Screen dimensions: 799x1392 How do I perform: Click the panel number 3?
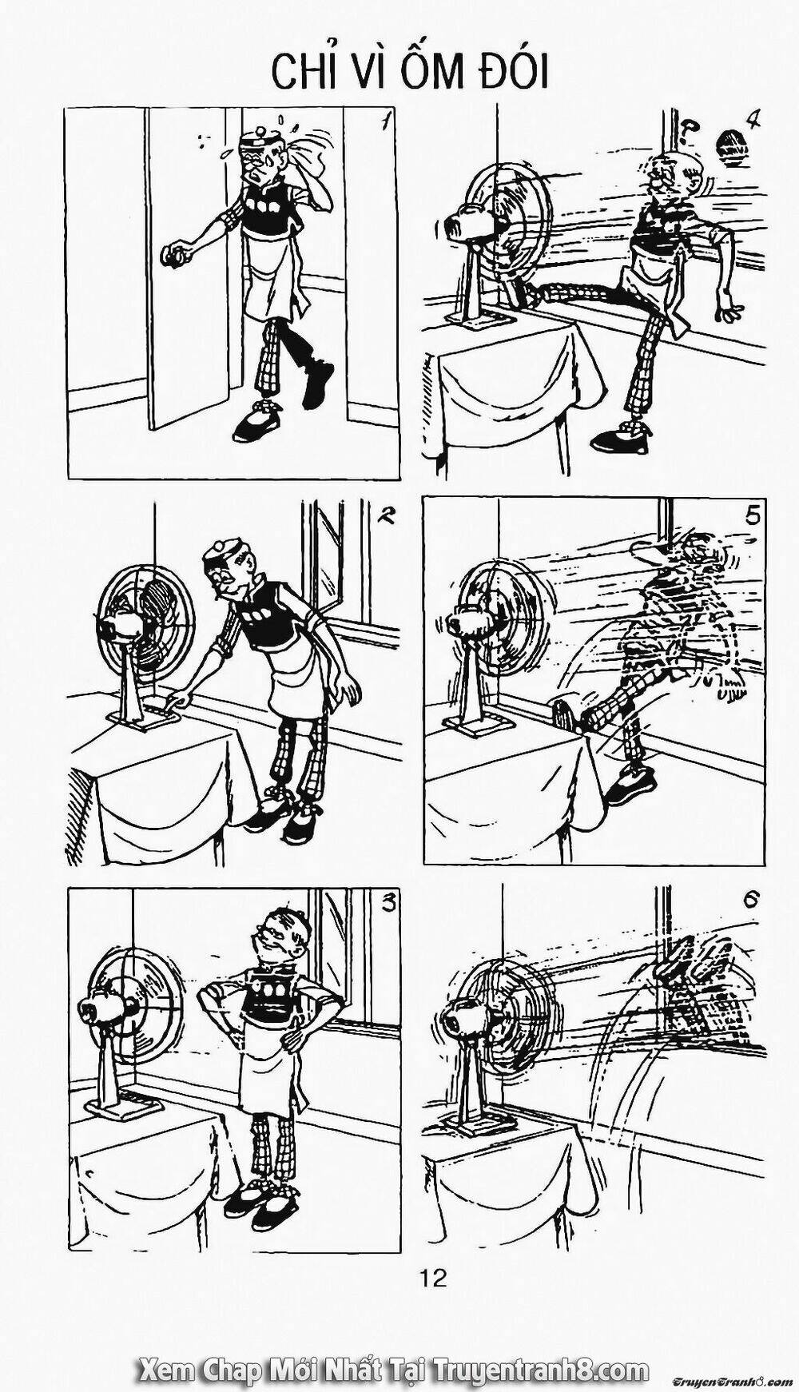click(388, 904)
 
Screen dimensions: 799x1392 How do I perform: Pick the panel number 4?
click(752, 121)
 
